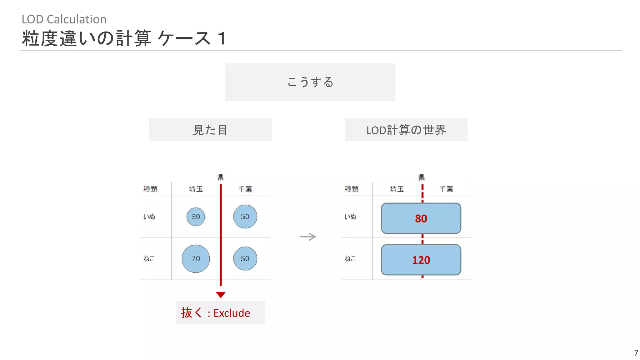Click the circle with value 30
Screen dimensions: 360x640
coord(196,217)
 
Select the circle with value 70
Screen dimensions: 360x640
coord(196,258)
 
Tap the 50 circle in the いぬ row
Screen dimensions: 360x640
coord(245,217)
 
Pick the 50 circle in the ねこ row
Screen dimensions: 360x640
coord(245,258)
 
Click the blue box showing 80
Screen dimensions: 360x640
coord(421,218)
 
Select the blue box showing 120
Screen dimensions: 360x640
coord(421,260)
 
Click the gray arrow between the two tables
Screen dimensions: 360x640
coord(308,237)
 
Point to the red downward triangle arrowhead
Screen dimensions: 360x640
coord(221,295)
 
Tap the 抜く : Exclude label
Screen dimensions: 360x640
coord(220,312)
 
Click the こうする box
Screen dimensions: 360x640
coord(310,82)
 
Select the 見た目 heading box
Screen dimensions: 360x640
coord(210,130)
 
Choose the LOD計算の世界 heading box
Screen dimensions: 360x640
coord(406,130)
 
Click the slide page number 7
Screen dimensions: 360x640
coord(636,353)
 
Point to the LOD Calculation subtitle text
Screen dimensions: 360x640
coord(64,19)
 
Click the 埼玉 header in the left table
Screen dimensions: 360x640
coord(196,189)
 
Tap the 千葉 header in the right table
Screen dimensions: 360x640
coord(446,189)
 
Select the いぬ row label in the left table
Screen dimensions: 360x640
coord(149,217)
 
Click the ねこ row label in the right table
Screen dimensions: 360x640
coord(350,258)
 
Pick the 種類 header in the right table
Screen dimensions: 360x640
coord(351,189)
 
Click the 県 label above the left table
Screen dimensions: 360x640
coord(220,177)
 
